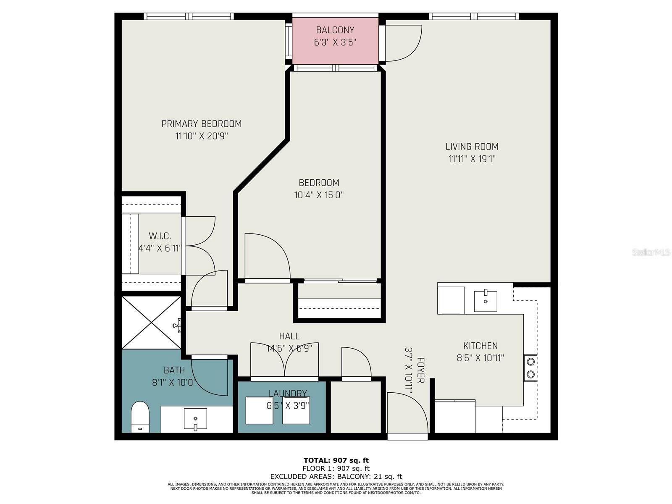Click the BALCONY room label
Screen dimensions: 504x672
click(x=335, y=30)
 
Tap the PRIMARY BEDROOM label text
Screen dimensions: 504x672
click(x=202, y=124)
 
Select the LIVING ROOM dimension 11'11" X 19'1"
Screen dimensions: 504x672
click(x=472, y=159)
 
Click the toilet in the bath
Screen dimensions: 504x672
click(x=140, y=416)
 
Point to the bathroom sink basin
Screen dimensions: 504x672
click(x=195, y=419)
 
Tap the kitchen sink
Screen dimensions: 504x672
click(x=486, y=301)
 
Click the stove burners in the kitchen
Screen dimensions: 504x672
click(x=530, y=367)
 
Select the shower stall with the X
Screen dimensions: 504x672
click(x=151, y=322)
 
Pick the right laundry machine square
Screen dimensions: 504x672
click(x=296, y=410)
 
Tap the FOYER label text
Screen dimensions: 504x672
click(x=420, y=370)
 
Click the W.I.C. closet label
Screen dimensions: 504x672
click(x=160, y=236)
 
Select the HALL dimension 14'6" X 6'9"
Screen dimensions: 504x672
click(x=289, y=348)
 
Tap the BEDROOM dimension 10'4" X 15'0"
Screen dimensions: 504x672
click(x=319, y=195)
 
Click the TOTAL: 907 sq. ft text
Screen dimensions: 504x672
click(x=336, y=460)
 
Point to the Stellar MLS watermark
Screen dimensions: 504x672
click(x=651, y=252)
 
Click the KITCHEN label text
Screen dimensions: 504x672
click(x=480, y=346)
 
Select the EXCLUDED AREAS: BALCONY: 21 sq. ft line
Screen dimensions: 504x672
click(x=336, y=476)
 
